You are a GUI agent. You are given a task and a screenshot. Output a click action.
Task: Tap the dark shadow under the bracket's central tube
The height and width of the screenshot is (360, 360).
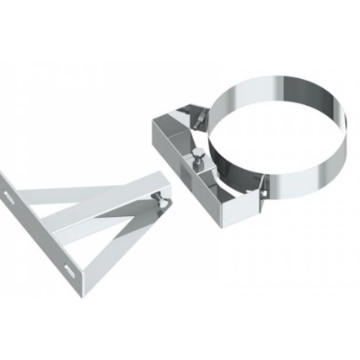[135, 211]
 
